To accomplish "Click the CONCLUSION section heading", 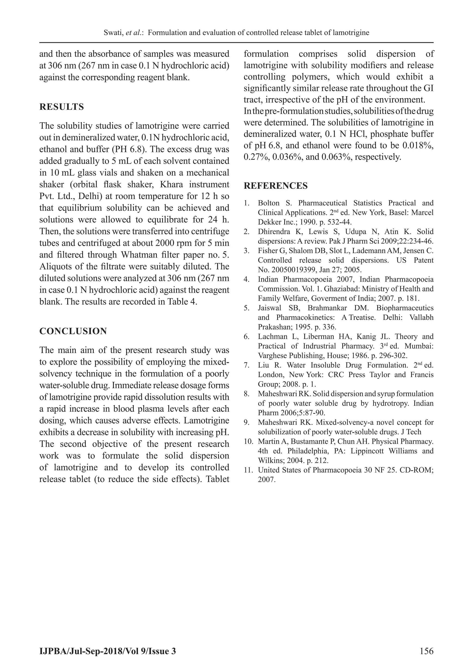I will [73, 331].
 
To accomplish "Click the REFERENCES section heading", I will [276, 186].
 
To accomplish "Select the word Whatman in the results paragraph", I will [138, 255].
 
